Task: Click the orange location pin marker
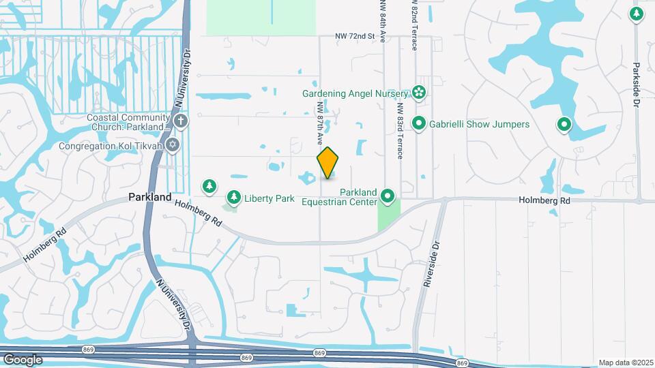(327, 162)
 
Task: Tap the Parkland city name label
(150, 197)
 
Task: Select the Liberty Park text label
(270, 198)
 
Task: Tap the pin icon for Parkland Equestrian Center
(388, 198)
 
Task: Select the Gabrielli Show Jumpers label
(479, 124)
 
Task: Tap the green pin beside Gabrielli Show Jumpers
(418, 124)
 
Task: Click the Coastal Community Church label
(128, 122)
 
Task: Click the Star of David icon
(173, 145)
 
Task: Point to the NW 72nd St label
(355, 35)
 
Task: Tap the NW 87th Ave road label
(319, 123)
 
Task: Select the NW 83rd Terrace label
(400, 128)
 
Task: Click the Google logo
(23, 359)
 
